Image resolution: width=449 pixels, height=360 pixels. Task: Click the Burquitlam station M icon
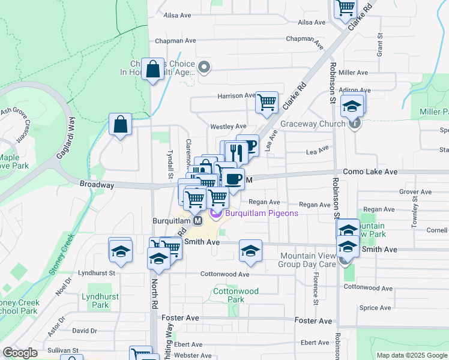click(197, 221)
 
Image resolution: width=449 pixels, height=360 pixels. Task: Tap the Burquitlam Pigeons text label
click(253, 214)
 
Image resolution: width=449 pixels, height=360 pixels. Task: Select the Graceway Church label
click(313, 125)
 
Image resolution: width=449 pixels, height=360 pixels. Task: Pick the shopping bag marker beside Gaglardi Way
click(121, 124)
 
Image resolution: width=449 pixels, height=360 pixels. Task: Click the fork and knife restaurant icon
click(236, 152)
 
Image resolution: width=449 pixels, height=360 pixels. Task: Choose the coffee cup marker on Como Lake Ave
click(233, 178)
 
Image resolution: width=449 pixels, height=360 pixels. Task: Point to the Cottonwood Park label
click(236, 295)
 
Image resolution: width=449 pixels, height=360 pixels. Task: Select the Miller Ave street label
click(353, 73)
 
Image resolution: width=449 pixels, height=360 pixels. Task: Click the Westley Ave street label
click(228, 127)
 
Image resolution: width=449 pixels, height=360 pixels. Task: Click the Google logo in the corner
click(20, 353)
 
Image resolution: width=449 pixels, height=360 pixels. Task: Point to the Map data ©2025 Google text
click(412, 355)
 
